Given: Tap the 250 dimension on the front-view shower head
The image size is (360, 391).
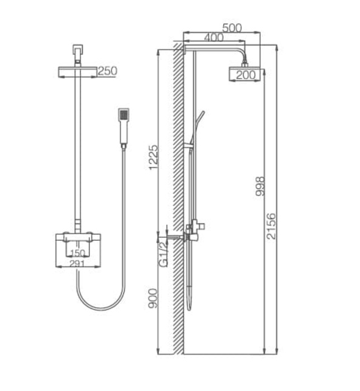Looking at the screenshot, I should pyautogui.click(x=107, y=71).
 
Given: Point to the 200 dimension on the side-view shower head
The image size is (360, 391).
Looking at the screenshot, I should pyautogui.click(x=244, y=75).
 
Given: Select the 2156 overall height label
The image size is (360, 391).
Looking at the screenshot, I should pyautogui.click(x=271, y=226).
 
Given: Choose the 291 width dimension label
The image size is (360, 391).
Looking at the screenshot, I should pyautogui.click(x=78, y=263).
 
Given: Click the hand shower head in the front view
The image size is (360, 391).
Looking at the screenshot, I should pyautogui.click(x=123, y=115).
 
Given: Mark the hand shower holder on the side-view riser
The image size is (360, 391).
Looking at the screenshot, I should pyautogui.click(x=189, y=146).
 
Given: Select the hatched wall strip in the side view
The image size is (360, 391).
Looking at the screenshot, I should pyautogui.click(x=178, y=201).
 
